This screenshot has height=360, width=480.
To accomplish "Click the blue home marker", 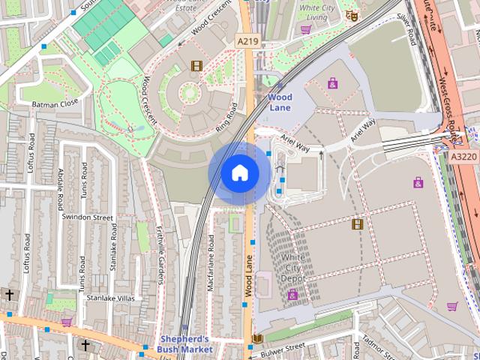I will point(239,173).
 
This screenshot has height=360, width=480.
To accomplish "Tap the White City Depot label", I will point(293,268).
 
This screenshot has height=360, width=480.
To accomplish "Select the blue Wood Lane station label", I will point(280,102).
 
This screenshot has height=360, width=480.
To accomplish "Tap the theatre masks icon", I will point(350,16).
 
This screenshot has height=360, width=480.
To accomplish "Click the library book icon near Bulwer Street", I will point(257,339).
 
